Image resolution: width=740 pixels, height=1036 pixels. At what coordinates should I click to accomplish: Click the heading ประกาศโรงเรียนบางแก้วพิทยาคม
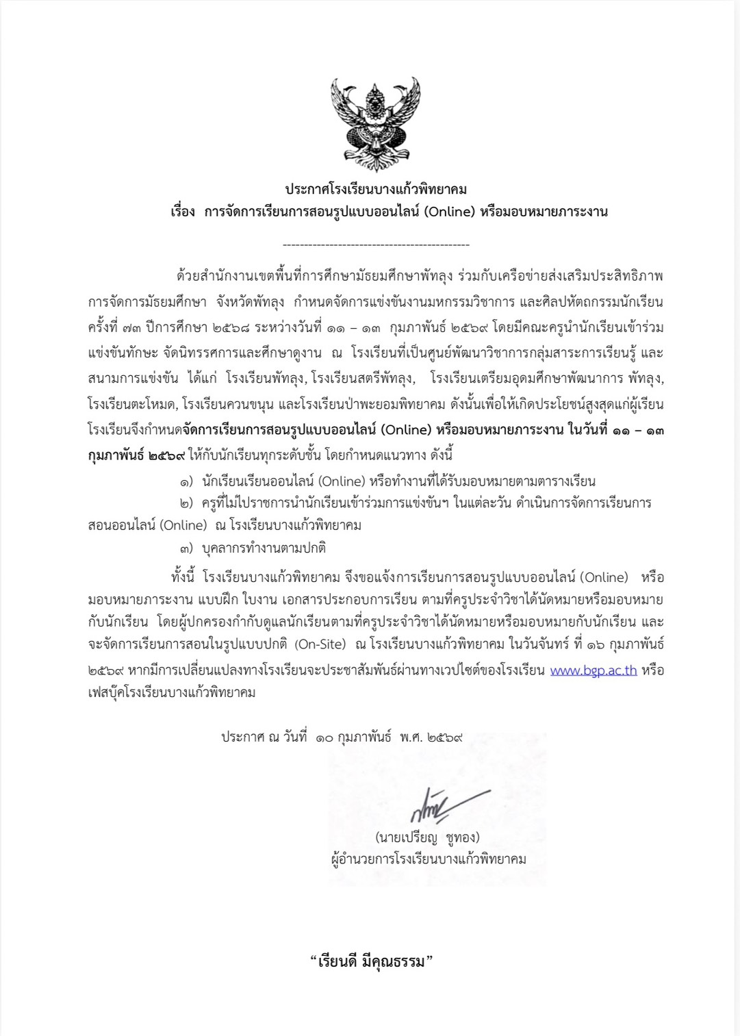tap(376, 189)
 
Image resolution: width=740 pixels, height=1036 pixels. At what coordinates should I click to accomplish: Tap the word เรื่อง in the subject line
tap(183, 212)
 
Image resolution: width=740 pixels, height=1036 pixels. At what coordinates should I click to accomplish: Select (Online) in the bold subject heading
tap(449, 212)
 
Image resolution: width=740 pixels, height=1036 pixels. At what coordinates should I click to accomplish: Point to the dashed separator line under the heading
tap(376, 244)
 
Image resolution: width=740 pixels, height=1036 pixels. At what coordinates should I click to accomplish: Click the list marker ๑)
tap(186, 482)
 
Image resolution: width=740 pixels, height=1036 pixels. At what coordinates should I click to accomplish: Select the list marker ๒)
tap(186, 504)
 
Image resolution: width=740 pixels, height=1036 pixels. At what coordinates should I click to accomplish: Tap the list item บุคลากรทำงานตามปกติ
tap(264, 548)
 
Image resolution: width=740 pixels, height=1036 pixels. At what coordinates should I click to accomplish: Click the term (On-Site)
tap(320, 645)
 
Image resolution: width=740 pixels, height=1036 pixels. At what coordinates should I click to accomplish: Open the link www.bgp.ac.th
tap(594, 670)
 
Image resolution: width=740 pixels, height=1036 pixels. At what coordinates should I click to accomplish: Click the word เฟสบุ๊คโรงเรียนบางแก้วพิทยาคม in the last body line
tap(172, 692)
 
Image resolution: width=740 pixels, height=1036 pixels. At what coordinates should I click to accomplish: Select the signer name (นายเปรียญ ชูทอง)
tap(427, 837)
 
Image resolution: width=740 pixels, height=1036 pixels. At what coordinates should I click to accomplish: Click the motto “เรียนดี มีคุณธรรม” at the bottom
tap(372, 961)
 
